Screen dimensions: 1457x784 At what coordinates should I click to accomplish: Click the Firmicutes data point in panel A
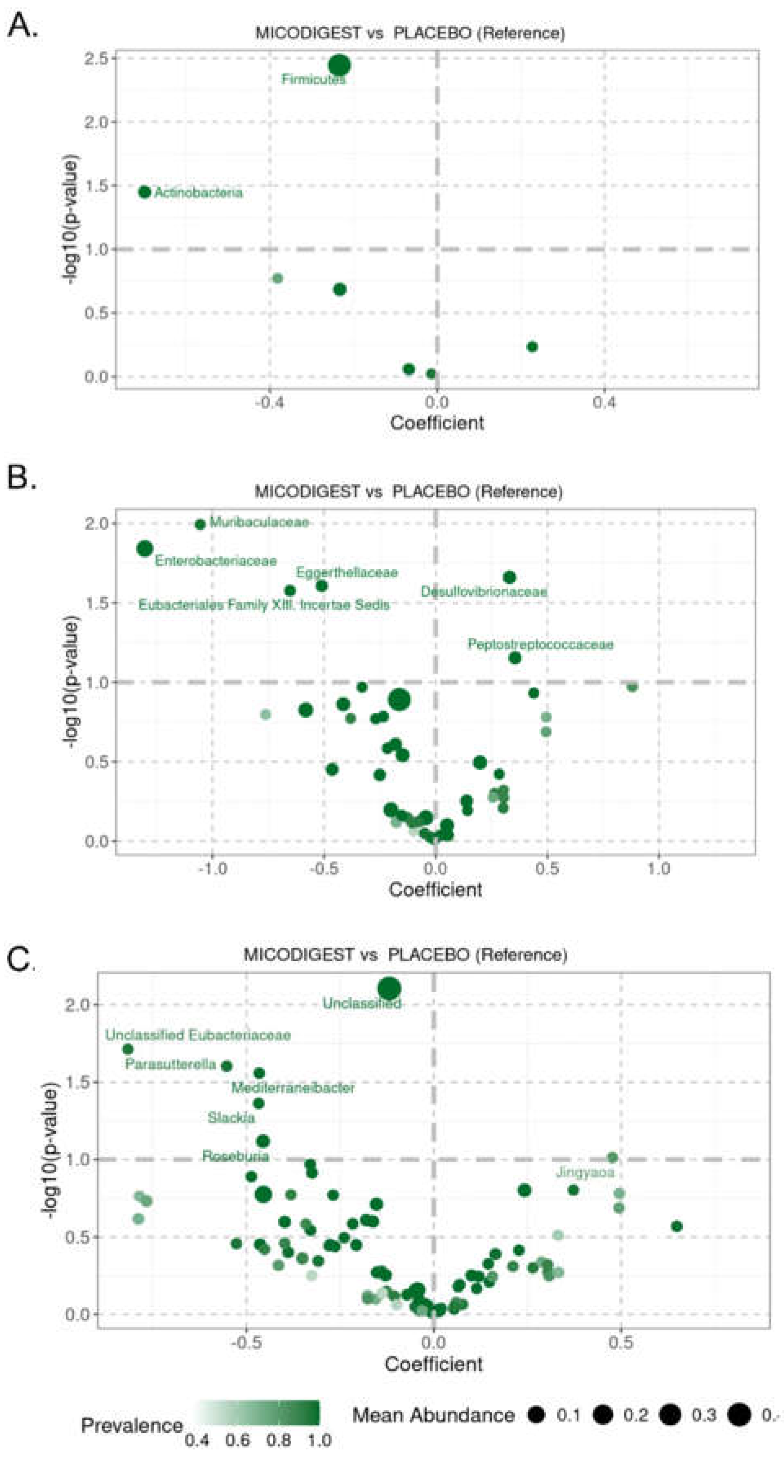(x=339, y=65)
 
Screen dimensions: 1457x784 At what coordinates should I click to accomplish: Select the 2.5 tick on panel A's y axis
(x=96, y=58)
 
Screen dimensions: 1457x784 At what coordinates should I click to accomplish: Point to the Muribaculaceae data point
(x=200, y=524)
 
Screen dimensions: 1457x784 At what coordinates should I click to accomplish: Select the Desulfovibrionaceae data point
(x=509, y=577)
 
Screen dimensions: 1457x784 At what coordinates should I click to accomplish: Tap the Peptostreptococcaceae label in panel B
(x=540, y=644)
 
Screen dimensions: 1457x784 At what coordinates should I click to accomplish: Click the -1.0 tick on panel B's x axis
(x=212, y=868)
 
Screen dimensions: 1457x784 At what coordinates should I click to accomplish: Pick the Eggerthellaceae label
(x=347, y=572)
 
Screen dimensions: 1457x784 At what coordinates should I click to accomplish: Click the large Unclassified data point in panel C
(x=389, y=989)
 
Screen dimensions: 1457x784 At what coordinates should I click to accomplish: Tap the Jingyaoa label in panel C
(x=585, y=1172)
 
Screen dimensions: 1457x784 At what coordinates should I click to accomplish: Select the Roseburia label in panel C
(x=235, y=1156)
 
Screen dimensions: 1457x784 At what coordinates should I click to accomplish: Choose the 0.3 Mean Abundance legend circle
(x=671, y=1415)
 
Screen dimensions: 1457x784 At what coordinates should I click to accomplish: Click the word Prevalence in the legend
(x=132, y=1425)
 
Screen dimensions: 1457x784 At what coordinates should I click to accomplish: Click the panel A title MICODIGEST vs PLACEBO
(x=410, y=33)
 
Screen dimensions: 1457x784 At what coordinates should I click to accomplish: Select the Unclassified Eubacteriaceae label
(x=198, y=1036)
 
